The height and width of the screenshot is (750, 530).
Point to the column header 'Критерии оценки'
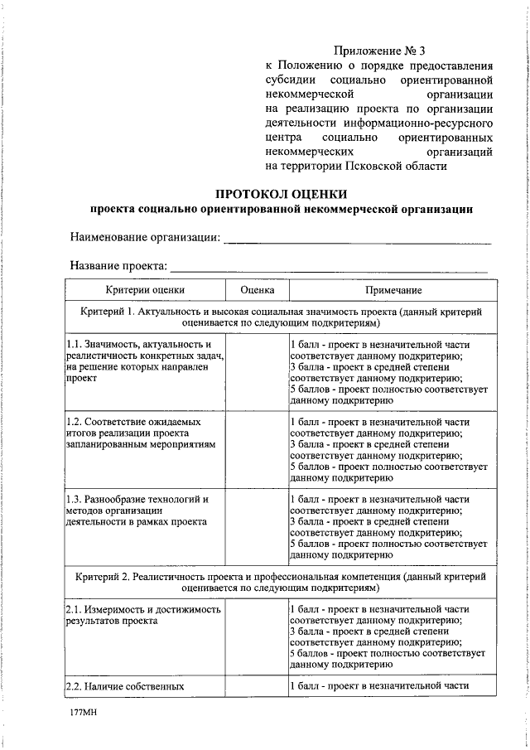(145, 290)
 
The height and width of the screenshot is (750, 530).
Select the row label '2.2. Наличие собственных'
(124, 686)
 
